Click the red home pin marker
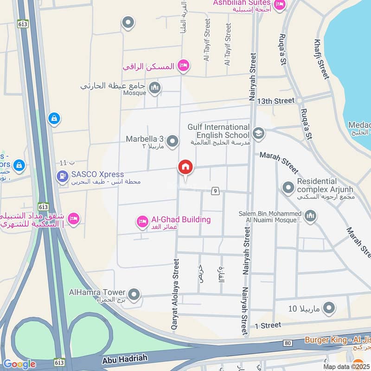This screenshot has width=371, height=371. [x=185, y=167]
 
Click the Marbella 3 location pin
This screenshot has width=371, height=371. [x=173, y=141]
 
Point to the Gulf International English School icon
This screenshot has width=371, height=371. [x=258, y=134]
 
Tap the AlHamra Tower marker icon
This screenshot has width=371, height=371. [x=134, y=294]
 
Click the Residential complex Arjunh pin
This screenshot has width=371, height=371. [x=288, y=188]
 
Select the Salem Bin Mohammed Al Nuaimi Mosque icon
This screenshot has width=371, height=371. [x=310, y=216]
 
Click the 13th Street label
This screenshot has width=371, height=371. [x=276, y=101]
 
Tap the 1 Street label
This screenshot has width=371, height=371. [x=268, y=325]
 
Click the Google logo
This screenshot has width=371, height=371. [x=19, y=365]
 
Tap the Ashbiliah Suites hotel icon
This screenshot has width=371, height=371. [x=279, y=5]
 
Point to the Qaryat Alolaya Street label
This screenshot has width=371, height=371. [x=175, y=294]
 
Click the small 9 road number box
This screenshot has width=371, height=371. [x=215, y=191]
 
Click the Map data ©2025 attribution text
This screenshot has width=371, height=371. [x=345, y=366]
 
